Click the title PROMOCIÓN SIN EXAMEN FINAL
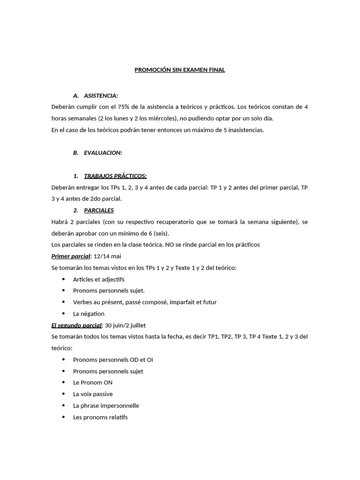pos(180,70)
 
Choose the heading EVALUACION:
pos(103,153)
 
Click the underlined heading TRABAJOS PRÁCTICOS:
pos(115,176)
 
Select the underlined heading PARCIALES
pos(99,210)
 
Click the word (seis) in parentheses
pos(161,233)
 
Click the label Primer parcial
pos(70,256)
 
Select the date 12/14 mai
pos(107,256)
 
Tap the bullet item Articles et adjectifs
pos(98,279)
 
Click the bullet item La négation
pos(89,314)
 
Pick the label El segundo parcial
pos(76,325)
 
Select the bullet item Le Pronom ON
pos(93,382)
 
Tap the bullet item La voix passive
pos(93,394)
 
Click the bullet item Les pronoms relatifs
pos(100,417)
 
